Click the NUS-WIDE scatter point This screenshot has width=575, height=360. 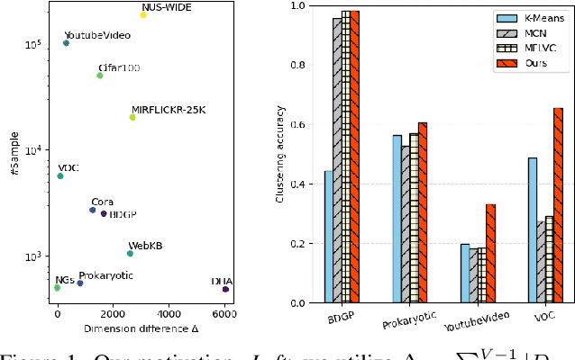(x=143, y=15)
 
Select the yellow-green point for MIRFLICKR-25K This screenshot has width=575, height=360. (x=132, y=117)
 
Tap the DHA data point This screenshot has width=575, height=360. (x=225, y=289)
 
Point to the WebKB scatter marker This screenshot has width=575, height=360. (x=130, y=254)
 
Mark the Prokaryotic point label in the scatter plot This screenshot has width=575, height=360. (x=106, y=275)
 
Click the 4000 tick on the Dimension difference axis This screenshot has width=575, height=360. (x=169, y=315)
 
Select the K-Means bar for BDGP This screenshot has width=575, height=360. (x=328, y=237)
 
